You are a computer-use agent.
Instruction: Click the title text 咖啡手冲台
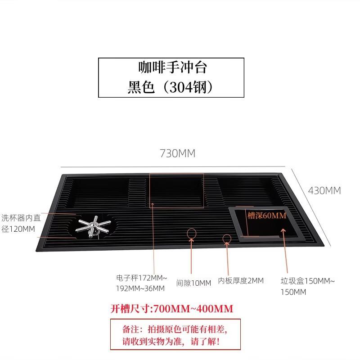click(x=173, y=67)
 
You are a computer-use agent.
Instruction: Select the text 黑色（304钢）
click(x=171, y=87)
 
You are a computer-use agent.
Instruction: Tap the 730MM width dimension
click(x=177, y=153)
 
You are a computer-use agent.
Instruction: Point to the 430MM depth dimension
click(x=324, y=191)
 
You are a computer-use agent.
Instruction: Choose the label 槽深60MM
click(x=267, y=216)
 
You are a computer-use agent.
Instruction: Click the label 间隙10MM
click(x=193, y=283)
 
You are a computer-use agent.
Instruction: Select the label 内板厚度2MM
click(x=241, y=280)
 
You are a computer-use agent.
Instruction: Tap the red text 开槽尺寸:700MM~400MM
click(x=172, y=309)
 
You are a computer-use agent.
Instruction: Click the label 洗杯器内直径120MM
click(x=21, y=223)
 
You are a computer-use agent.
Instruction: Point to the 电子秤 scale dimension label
click(x=141, y=283)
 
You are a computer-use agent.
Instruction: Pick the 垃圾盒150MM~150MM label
click(x=308, y=286)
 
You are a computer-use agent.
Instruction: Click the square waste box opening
click(x=266, y=224)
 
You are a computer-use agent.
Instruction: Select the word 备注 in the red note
click(x=130, y=329)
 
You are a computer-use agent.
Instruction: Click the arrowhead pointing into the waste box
click(x=283, y=231)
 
